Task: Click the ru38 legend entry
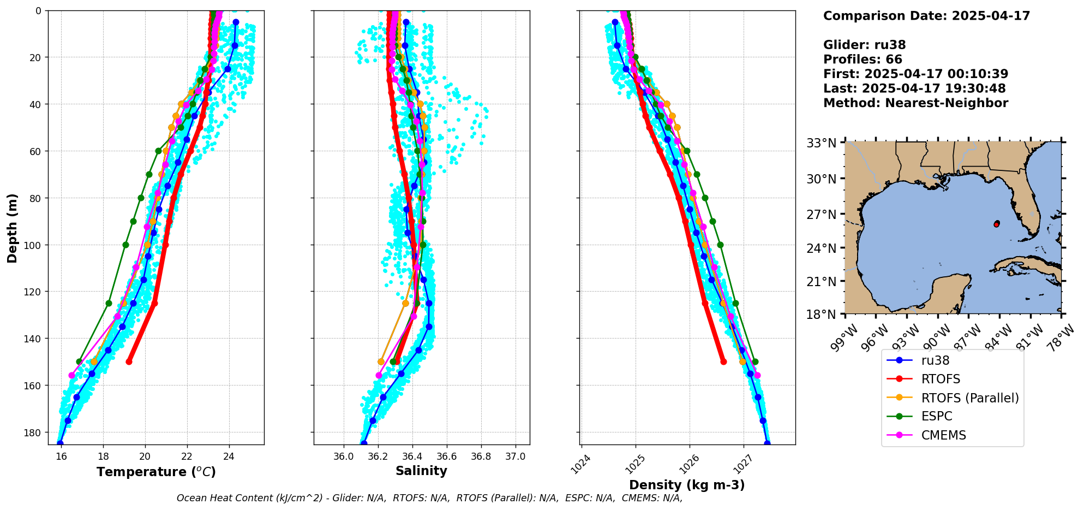pos(935,360)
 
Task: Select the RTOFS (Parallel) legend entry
pos(969,398)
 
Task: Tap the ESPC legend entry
pos(936,417)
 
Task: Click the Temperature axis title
pos(156,472)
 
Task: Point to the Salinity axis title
pos(421,471)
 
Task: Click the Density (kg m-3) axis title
pos(687,485)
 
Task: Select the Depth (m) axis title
pos(12,228)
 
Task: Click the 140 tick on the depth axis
pos(34,339)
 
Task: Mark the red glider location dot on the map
pos(997,224)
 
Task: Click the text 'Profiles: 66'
pos(863,60)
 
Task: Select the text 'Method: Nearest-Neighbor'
pos(915,103)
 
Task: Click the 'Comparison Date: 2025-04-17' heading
pos(926,16)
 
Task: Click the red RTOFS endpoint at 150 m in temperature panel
pos(129,361)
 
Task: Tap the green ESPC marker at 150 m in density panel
pos(755,361)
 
